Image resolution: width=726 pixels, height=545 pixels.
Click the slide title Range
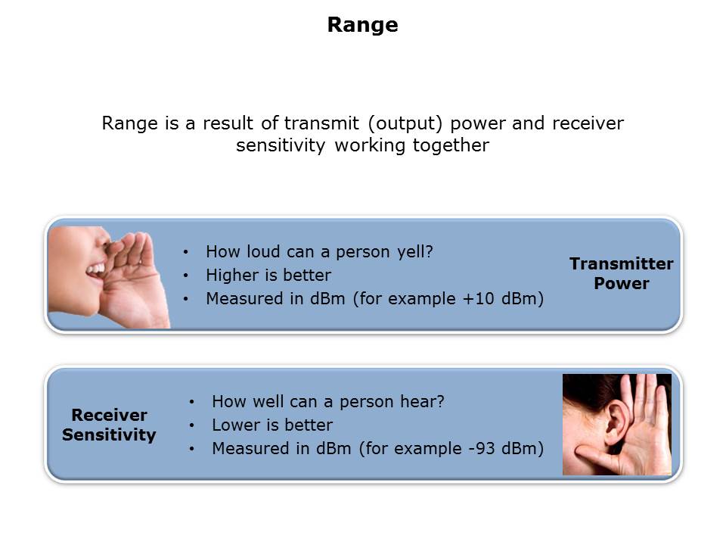(x=362, y=24)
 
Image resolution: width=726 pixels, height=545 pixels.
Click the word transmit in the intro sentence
(x=321, y=123)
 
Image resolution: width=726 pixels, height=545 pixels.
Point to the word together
(x=451, y=145)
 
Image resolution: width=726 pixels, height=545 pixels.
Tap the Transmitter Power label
(x=622, y=273)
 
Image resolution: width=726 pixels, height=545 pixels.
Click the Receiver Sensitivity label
(x=109, y=425)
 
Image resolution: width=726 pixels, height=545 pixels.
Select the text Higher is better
(x=268, y=276)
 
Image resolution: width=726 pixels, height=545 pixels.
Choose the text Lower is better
(x=272, y=425)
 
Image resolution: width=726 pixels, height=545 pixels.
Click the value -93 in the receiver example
(x=482, y=449)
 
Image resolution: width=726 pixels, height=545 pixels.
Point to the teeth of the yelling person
(x=96, y=269)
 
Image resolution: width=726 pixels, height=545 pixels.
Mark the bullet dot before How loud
(x=186, y=252)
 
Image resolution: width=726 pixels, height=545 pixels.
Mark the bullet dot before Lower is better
(x=191, y=425)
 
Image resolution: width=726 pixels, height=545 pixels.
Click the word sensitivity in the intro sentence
(x=281, y=145)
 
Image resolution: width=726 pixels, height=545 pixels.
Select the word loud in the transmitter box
(x=263, y=251)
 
